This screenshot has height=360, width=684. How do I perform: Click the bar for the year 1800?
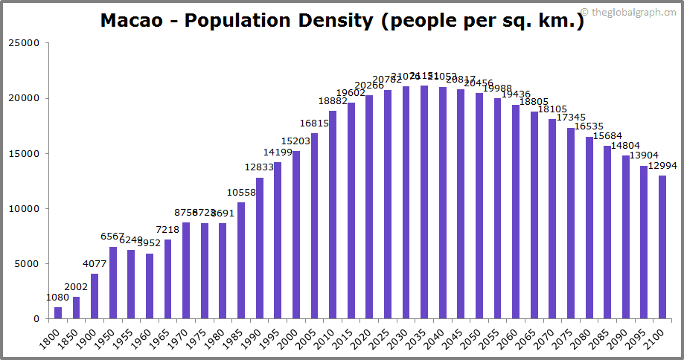[x=58, y=313]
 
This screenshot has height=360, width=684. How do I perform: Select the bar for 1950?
[x=113, y=283]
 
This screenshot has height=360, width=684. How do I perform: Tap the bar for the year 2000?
[x=296, y=235]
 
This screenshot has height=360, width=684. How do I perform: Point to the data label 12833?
[x=259, y=167]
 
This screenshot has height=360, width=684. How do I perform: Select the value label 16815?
[x=314, y=123]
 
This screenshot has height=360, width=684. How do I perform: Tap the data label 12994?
[x=662, y=166]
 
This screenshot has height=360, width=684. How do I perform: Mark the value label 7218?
[x=167, y=229]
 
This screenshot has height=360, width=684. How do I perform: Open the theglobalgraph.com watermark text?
[x=629, y=11]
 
